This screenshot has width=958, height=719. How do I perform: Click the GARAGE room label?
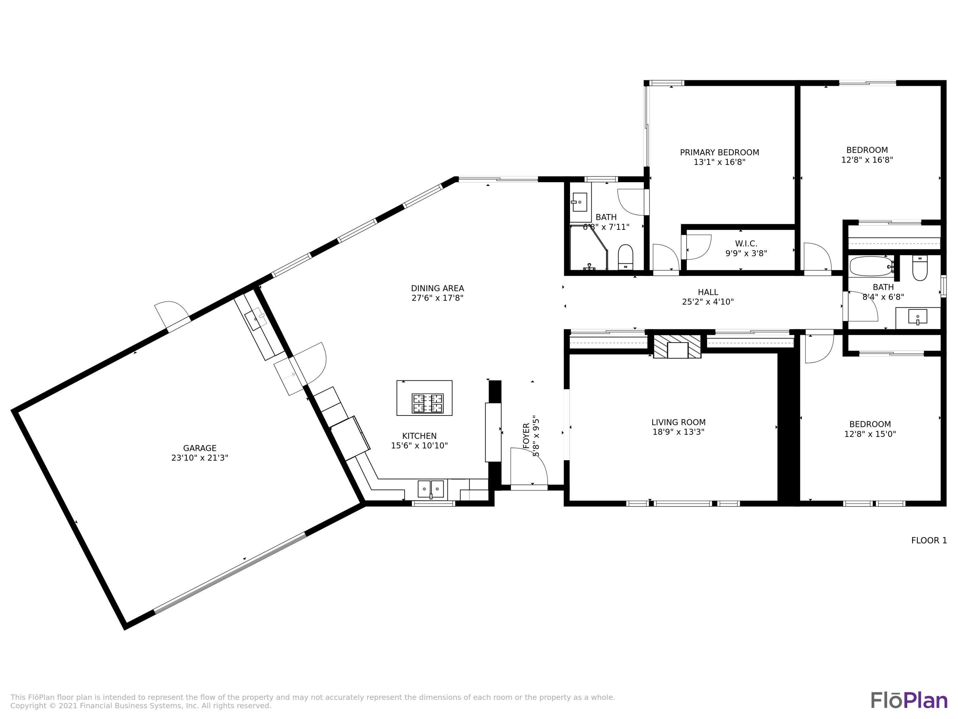pos(200,448)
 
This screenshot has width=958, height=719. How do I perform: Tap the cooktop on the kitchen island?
pos(428,404)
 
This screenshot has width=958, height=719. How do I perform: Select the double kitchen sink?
pos(430,489)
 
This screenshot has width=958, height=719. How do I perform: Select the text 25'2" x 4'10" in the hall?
pos(708,302)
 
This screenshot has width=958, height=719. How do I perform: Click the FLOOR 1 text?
pos(929,540)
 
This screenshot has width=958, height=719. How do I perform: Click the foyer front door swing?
pos(528,466)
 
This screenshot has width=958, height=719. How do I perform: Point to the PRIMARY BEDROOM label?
pos(719,152)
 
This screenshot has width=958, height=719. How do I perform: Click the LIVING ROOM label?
pos(678,422)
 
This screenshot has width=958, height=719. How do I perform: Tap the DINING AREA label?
pos(437,288)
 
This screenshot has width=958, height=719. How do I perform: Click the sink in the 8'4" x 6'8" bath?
pos(917,317)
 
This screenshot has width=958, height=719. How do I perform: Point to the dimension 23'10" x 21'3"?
pos(200,458)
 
